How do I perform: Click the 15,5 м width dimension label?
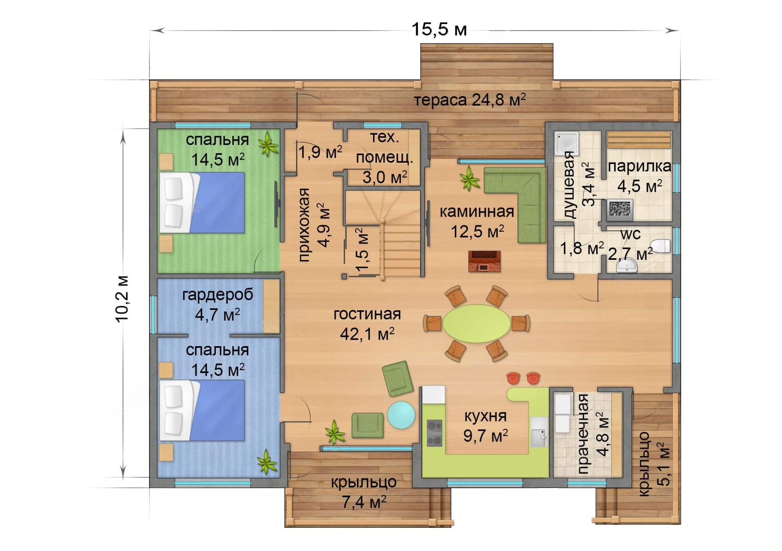tap(439, 29)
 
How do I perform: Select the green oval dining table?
tap(476, 323)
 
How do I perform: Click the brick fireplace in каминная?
tap(484, 261)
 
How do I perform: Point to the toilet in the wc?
tap(659, 246)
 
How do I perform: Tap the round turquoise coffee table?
tap(401, 415)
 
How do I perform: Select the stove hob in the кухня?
tap(434, 433)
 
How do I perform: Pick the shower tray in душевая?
tap(567, 143)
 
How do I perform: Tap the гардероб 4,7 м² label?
tap(217, 304)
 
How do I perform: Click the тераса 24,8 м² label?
tap(470, 100)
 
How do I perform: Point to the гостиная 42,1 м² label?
tap(367, 324)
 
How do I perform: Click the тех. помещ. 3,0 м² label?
tap(384, 157)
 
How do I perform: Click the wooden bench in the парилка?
tap(639, 140)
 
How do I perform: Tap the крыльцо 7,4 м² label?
tap(364, 492)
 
